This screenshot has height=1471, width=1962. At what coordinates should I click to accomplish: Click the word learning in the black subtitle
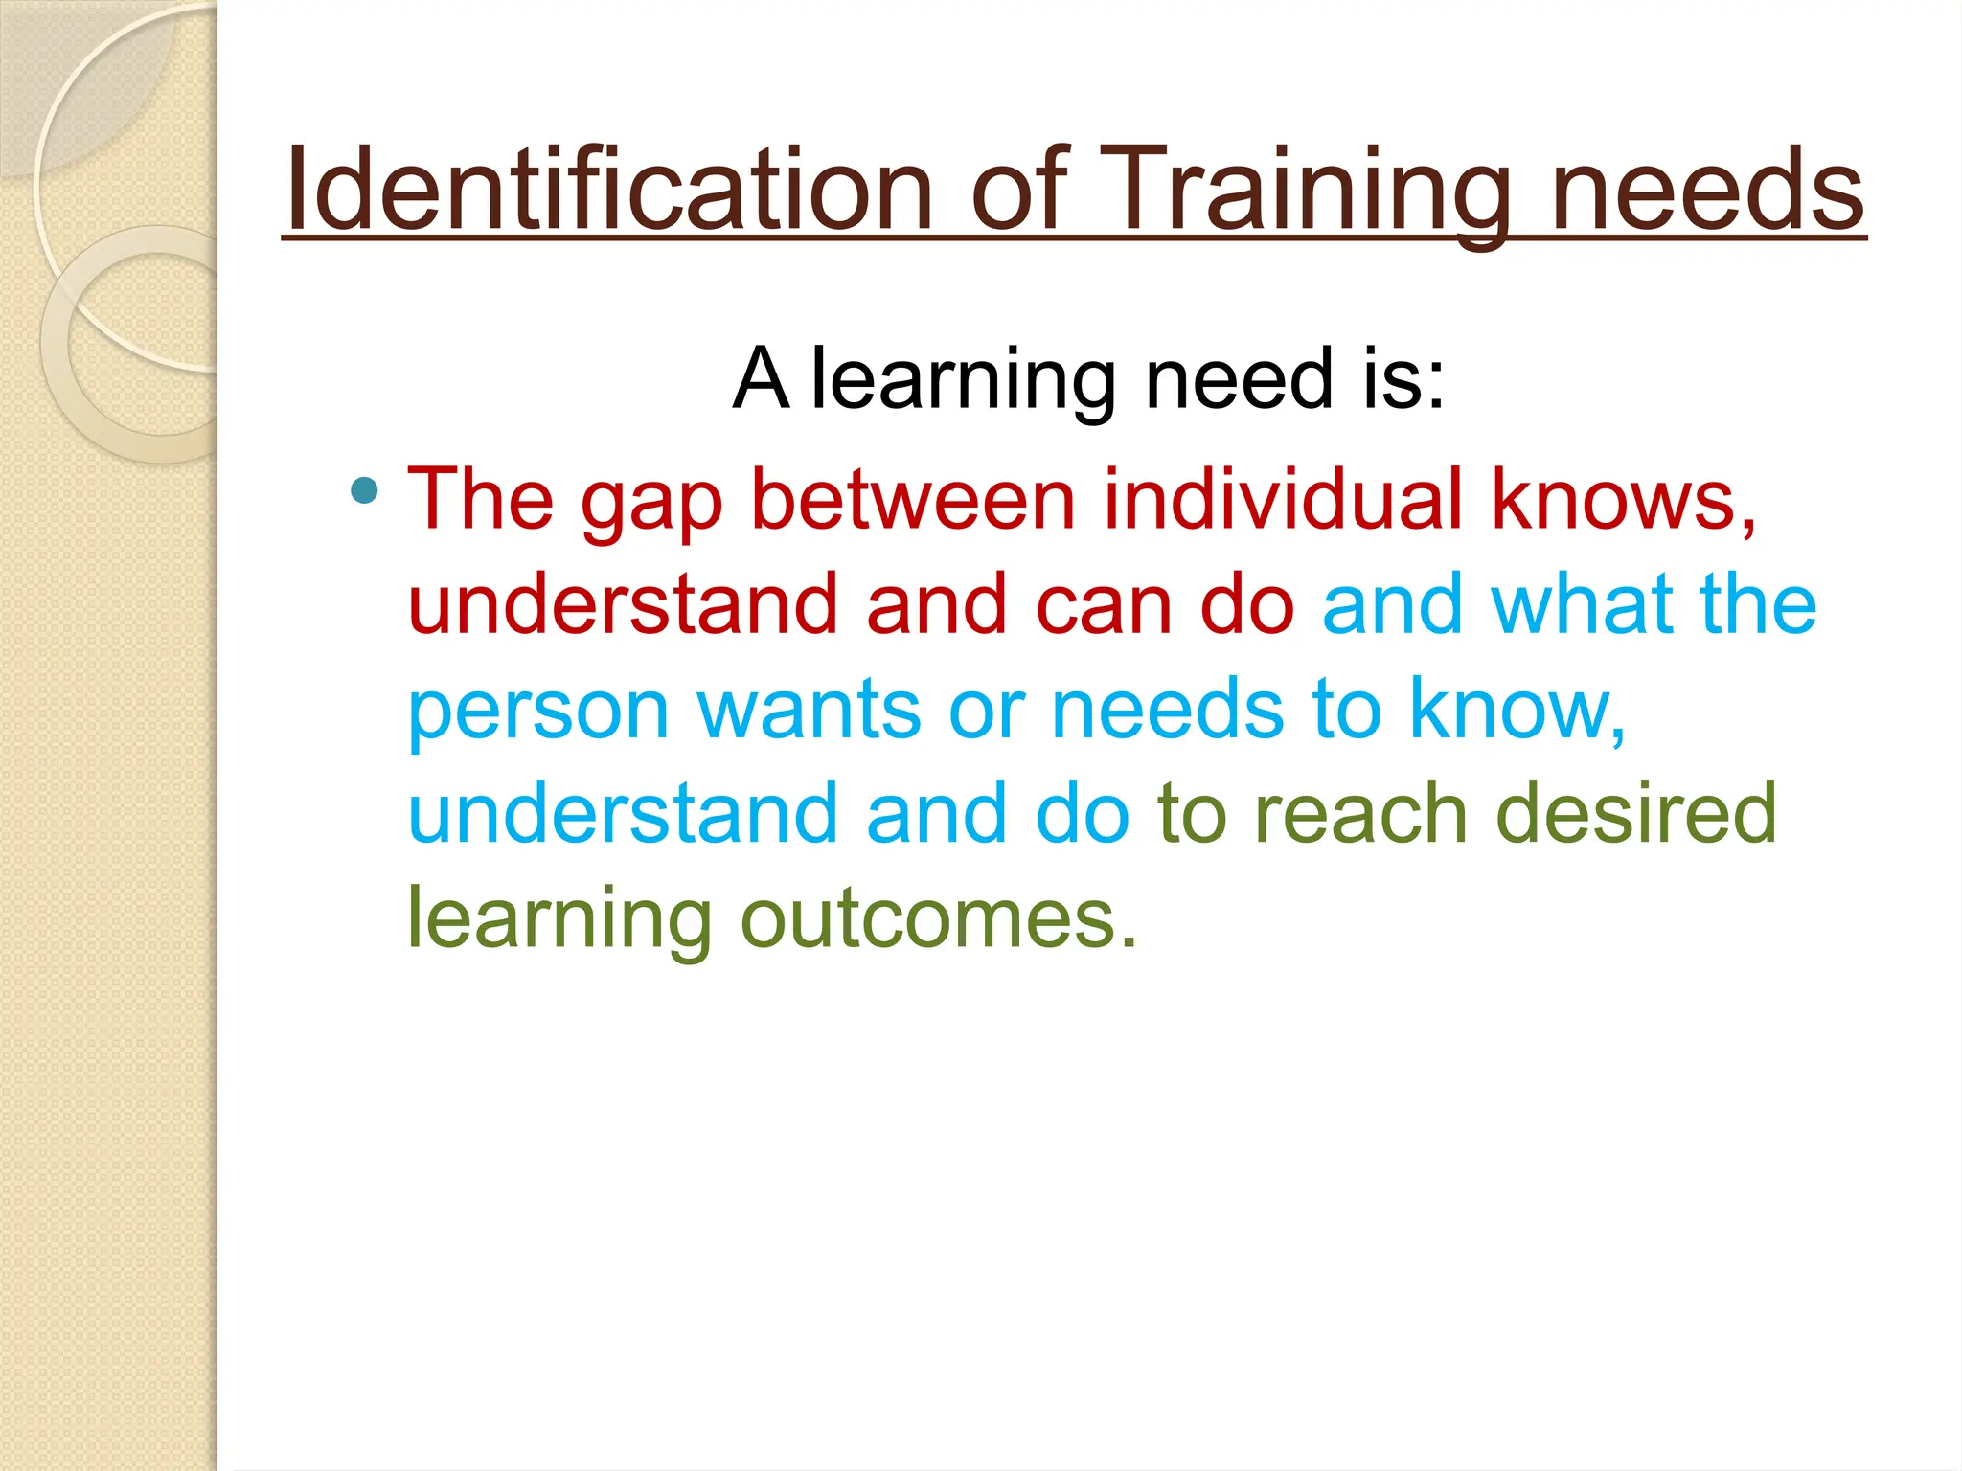(x=964, y=379)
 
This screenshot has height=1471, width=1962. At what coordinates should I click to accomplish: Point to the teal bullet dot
(x=364, y=491)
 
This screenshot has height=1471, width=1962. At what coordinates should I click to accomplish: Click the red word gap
(x=650, y=502)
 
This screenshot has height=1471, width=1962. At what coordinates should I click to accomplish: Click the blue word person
(x=537, y=713)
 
